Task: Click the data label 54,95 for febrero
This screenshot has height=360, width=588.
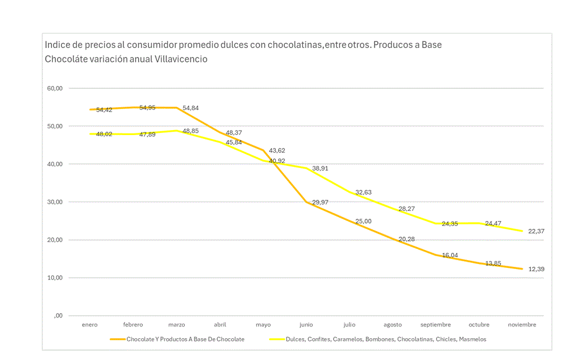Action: click(x=147, y=108)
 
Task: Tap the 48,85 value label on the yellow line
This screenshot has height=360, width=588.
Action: click(x=190, y=131)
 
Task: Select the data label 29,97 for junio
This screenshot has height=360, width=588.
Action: click(x=321, y=203)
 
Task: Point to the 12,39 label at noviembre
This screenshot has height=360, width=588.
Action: click(x=536, y=270)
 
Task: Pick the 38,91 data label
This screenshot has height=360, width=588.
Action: click(x=320, y=168)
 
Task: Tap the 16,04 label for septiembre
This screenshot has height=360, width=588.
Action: click(x=450, y=255)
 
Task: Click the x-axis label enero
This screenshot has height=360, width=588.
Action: click(x=89, y=325)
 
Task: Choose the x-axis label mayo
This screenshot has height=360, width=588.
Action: click(x=263, y=325)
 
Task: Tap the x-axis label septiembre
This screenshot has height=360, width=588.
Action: click(x=436, y=325)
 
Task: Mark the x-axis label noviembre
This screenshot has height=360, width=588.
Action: click(x=522, y=325)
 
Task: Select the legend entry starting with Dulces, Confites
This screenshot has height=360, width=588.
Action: click(x=385, y=339)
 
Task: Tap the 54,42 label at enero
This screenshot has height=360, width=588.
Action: click(x=104, y=110)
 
